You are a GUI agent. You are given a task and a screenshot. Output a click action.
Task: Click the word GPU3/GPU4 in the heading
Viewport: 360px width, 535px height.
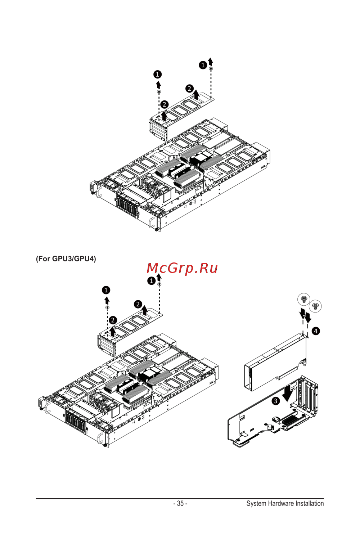point(74,258)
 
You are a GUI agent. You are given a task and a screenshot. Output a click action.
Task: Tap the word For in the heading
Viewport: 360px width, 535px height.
point(44,258)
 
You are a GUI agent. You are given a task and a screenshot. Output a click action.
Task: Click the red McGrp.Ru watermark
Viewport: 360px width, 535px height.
point(182,268)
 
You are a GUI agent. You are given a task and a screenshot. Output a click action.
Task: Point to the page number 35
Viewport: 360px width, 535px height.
point(180,503)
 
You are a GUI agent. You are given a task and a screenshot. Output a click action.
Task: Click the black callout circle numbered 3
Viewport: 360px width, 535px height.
point(276,401)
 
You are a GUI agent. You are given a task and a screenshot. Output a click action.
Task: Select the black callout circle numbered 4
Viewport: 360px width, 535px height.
point(316,331)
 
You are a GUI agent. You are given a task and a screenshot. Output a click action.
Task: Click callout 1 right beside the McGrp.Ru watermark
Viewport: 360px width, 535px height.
point(152,281)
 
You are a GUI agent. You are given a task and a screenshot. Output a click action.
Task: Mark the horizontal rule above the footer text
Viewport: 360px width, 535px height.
point(180,498)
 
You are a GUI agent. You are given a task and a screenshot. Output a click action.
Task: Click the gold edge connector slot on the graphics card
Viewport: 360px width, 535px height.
point(288,373)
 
